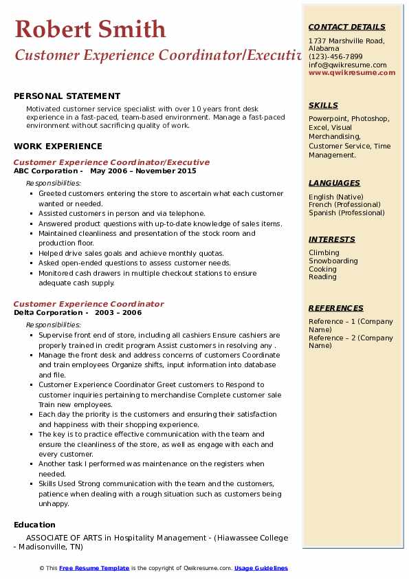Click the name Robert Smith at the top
coord(90,30)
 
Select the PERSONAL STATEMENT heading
coord(67,96)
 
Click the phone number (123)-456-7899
coord(335,56)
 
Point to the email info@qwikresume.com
coord(347,65)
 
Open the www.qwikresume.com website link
coord(352,72)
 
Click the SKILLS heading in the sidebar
coord(323,105)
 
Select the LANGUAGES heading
coord(334,183)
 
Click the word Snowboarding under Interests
coord(333,261)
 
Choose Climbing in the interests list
coord(324,253)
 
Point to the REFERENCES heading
coord(336,308)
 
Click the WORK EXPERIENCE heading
coord(58,146)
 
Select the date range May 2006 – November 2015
coord(143,171)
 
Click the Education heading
coord(34,525)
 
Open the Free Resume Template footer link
coord(94,568)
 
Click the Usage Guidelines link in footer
coord(261,568)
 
